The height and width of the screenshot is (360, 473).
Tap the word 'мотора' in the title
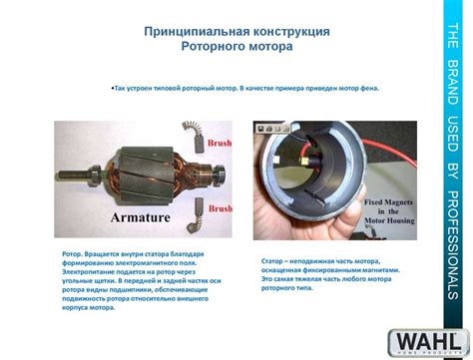(270, 46)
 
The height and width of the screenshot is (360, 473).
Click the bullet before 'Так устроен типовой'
(112, 88)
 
